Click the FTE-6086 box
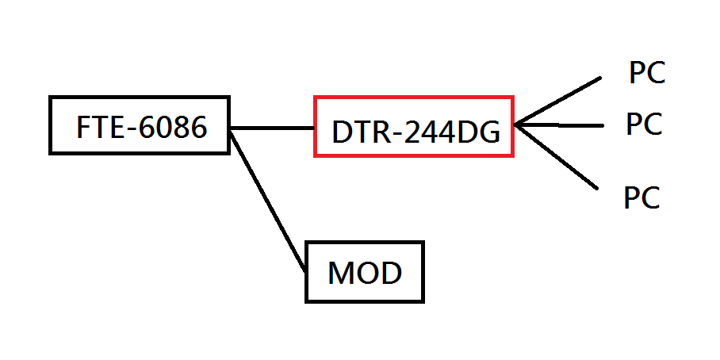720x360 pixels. click(x=140, y=125)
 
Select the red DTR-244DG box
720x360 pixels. click(x=414, y=127)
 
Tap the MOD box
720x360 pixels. click(x=365, y=272)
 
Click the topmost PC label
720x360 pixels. click(x=646, y=74)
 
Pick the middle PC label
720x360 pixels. click(x=643, y=124)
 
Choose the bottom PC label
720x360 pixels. click(x=641, y=197)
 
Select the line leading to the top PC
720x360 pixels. click(x=559, y=101)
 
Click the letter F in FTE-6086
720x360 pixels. click(x=83, y=127)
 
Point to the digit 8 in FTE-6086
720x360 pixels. click(x=180, y=127)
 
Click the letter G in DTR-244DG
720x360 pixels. click(x=488, y=133)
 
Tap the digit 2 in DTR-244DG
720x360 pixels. click(x=414, y=133)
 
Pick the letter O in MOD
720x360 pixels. click(x=365, y=274)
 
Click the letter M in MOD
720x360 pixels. click(x=339, y=274)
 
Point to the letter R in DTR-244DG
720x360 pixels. click(x=381, y=133)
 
